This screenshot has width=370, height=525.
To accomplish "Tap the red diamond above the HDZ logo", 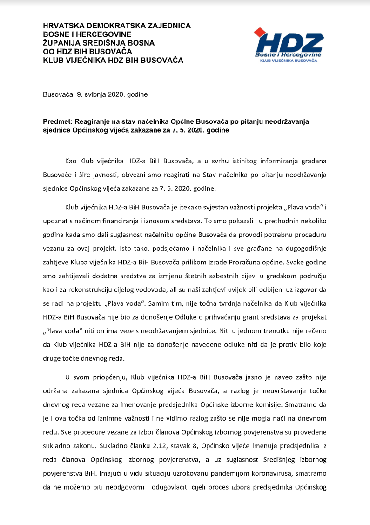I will coord(259,32).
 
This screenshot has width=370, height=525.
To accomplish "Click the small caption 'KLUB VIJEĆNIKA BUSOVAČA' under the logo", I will coord(289,61).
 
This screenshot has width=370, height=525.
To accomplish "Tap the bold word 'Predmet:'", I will coord(57,121).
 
